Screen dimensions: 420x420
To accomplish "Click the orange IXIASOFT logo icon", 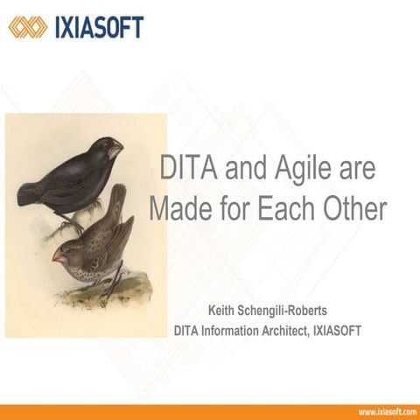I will click(28, 27).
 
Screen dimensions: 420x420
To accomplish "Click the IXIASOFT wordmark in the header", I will click(98, 27).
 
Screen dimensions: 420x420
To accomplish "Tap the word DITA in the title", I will click(186, 169).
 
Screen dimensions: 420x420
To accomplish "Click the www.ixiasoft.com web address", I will click(386, 411).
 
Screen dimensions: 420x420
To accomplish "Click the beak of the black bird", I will click(116, 151).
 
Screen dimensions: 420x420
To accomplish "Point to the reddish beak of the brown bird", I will click(59, 255).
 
